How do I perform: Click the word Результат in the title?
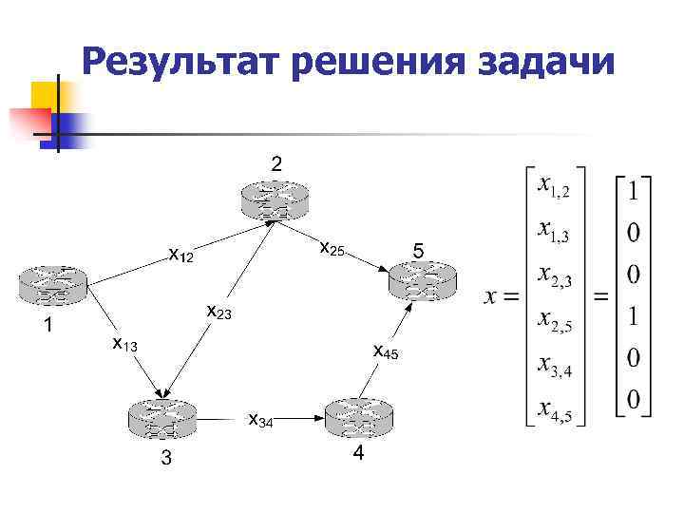click(180, 63)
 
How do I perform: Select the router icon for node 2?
click(275, 199)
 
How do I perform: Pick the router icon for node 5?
click(422, 277)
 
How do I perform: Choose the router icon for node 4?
click(357, 416)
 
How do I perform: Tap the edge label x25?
click(332, 249)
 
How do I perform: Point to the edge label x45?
click(386, 351)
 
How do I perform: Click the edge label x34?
click(260, 420)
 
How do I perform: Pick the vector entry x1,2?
click(554, 185)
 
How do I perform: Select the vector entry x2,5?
click(554, 320)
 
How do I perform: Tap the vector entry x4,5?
click(554, 409)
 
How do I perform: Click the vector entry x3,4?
click(554, 366)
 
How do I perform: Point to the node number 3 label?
click(165, 461)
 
